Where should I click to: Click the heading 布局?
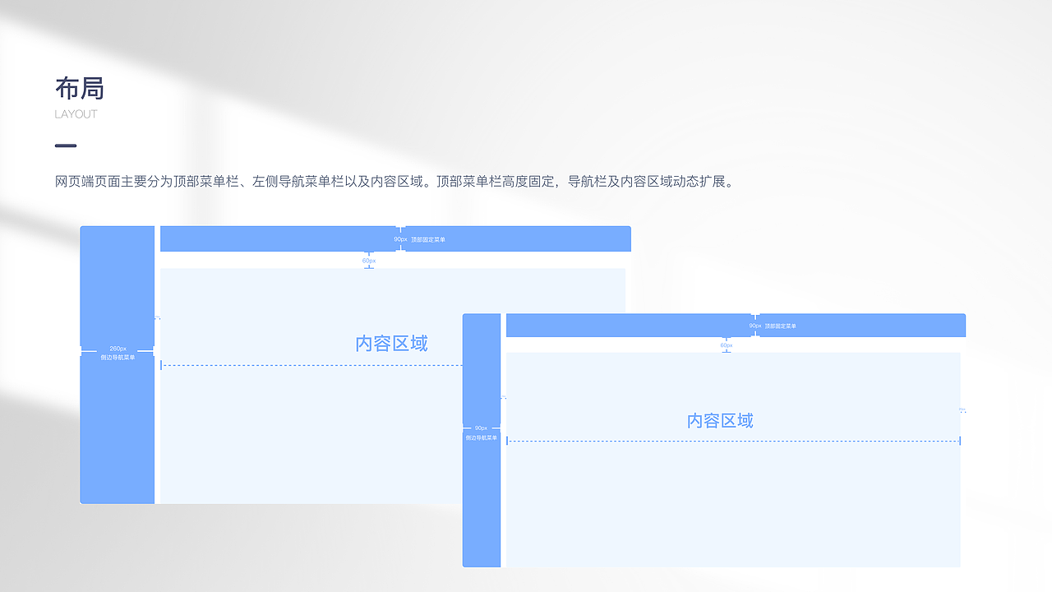[80, 88]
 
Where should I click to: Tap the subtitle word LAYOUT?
[76, 114]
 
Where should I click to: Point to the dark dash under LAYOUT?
[66, 146]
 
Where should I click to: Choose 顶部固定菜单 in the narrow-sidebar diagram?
[780, 326]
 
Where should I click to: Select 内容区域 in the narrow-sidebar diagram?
[720, 421]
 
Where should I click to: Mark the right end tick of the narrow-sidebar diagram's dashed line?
[960, 442]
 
